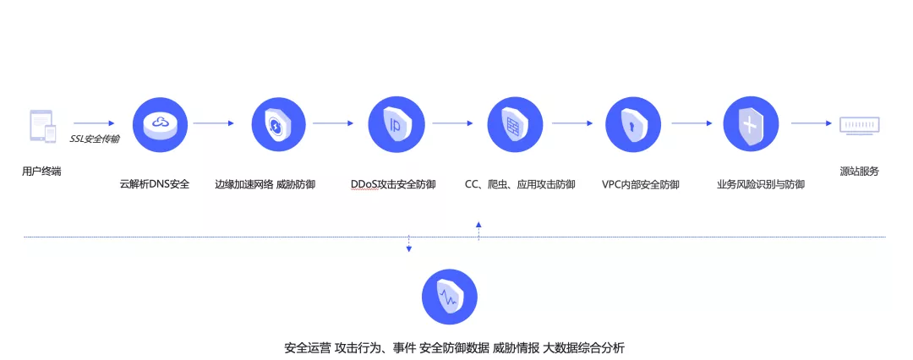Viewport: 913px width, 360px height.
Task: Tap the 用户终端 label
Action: [41, 172]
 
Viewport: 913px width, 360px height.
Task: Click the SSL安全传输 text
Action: [94, 138]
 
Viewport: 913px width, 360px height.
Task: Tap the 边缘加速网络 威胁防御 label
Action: [265, 184]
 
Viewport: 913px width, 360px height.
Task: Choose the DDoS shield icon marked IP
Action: [395, 124]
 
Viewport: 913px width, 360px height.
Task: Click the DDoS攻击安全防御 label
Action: [393, 184]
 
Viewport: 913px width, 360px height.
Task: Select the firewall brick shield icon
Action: [513, 124]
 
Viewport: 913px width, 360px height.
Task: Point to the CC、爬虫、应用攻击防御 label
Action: [520, 184]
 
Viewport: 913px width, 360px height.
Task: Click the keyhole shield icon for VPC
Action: [631, 124]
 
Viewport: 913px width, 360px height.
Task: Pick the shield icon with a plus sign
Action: [750, 124]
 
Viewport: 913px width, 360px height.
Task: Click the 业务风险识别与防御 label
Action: [760, 184]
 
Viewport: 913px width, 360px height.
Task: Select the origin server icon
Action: [860, 125]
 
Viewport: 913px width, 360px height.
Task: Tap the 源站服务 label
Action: [859, 172]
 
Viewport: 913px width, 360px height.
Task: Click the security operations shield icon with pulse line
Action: [449, 297]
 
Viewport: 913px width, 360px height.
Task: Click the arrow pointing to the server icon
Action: [812, 123]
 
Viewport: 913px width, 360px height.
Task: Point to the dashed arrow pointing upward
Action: [478, 231]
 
